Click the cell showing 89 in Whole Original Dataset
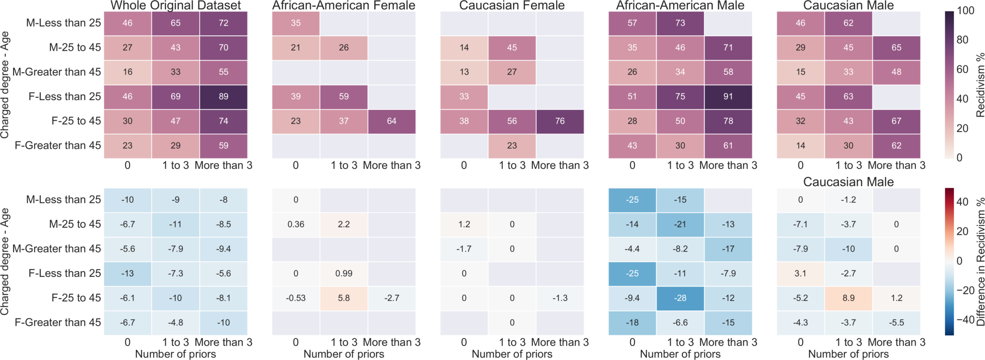(223, 97)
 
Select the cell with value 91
(728, 97)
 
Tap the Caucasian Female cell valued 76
(560, 121)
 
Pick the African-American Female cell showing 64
(392, 121)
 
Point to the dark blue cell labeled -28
(680, 298)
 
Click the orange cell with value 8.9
(849, 298)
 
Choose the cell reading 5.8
(344, 298)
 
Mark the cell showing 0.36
(296, 225)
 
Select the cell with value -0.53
(296, 298)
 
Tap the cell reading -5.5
(897, 323)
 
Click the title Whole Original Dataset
(176, 6)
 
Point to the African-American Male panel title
(680, 6)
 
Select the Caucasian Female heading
(512, 6)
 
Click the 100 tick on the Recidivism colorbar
(966, 11)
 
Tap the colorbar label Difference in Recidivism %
(980, 262)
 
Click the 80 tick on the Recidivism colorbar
(962, 40)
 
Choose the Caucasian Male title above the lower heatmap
(849, 182)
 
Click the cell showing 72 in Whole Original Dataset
(223, 23)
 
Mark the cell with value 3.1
(801, 273)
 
